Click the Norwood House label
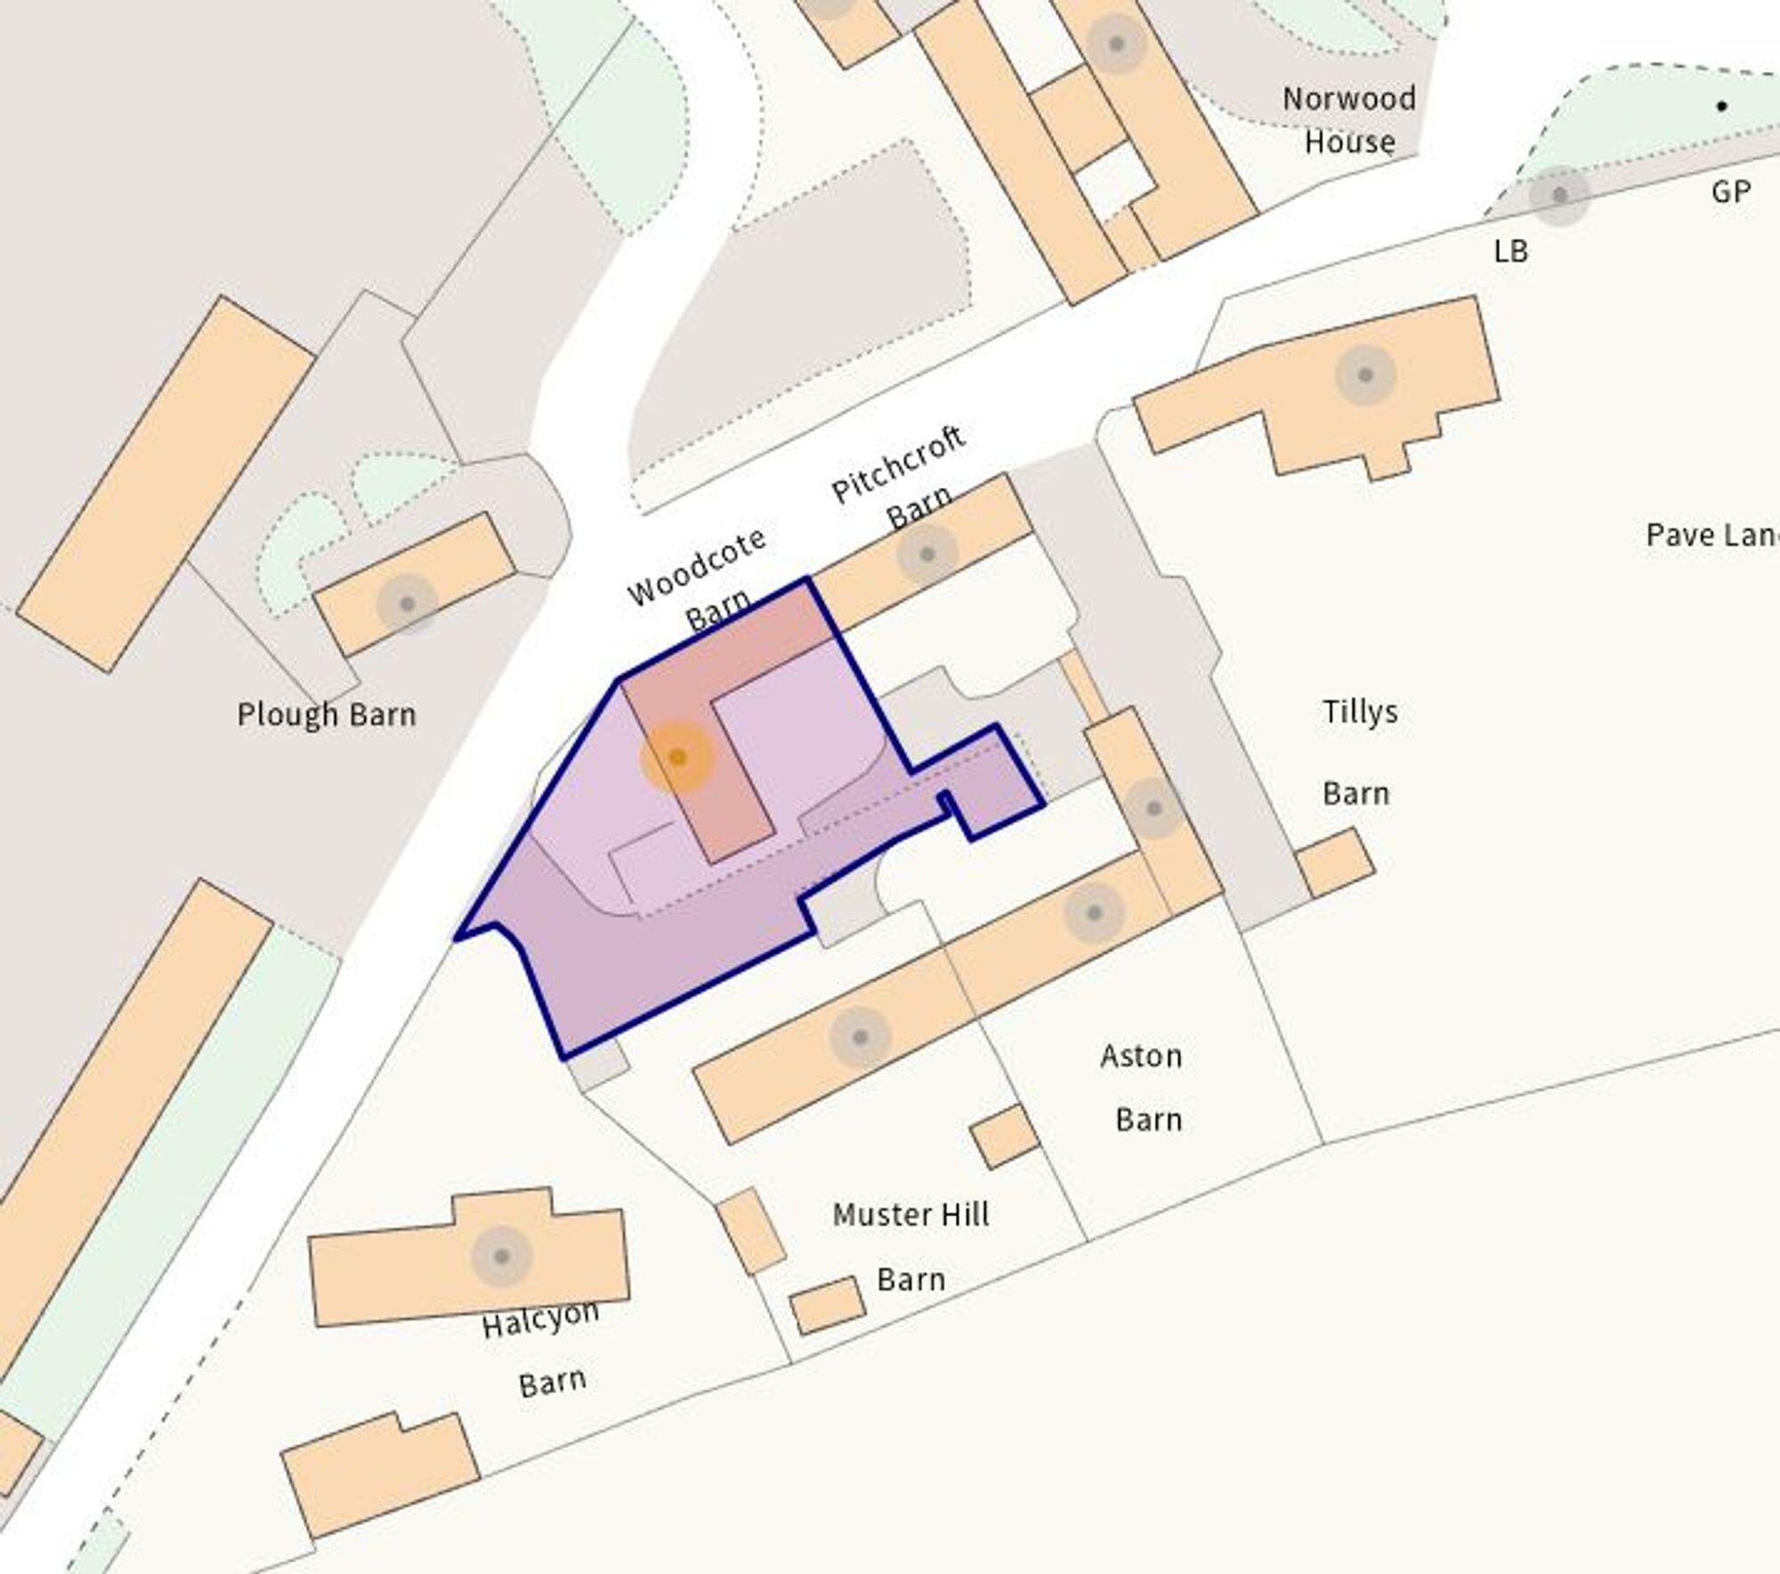[x=1348, y=120]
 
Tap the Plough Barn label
[x=327, y=715]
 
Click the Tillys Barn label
[x=1358, y=752]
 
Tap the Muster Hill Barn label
[x=910, y=1246]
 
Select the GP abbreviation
[x=1730, y=191]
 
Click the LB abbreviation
[x=1510, y=252]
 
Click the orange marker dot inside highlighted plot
[x=677, y=758]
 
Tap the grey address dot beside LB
[x=1559, y=195]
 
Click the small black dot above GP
[x=1722, y=107]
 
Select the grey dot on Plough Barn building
[x=408, y=604]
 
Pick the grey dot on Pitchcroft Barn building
[x=926, y=555]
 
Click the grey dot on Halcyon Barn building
[x=502, y=1256]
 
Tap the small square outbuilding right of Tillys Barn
[x=1334, y=863]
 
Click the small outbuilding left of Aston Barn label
[x=1004, y=1136]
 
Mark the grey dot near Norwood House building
[x=1116, y=44]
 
